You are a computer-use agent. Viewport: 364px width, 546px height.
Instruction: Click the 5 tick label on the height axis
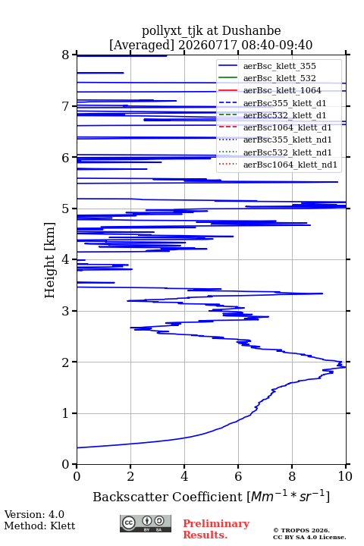[66, 209]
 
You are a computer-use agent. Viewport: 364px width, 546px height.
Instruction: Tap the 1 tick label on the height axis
[66, 413]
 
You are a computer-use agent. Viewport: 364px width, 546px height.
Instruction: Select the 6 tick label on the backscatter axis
[238, 476]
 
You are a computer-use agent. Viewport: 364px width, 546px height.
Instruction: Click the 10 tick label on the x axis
[345, 476]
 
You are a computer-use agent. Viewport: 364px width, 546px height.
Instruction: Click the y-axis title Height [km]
[50, 260]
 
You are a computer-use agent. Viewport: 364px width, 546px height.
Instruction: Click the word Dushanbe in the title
[252, 31]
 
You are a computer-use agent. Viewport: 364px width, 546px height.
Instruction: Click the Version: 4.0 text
[34, 514]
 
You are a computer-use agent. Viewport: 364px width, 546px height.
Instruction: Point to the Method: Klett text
[39, 526]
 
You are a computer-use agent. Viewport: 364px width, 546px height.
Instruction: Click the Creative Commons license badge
[146, 523]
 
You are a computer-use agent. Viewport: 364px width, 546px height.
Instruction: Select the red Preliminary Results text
[216, 529]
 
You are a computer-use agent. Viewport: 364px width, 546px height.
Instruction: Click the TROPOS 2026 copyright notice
[302, 530]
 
